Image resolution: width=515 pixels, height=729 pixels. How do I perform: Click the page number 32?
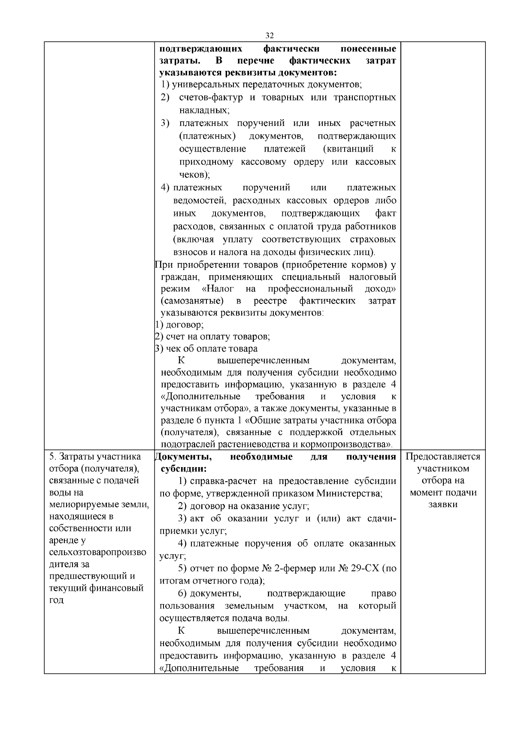click(270, 35)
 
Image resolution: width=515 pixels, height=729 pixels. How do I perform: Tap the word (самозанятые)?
click(192, 301)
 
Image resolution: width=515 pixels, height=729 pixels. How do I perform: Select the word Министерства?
click(354, 493)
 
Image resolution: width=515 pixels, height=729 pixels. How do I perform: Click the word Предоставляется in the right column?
click(443, 456)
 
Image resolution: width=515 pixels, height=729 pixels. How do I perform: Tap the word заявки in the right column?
click(443, 504)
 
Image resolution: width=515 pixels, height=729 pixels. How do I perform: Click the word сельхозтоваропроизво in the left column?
click(97, 552)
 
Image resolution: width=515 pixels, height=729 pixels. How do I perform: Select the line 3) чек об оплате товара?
click(206, 349)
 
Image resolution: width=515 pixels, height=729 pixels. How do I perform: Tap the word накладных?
click(204, 110)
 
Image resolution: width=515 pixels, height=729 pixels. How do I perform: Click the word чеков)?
click(194, 175)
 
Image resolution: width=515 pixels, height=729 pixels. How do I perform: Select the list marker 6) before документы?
click(182, 594)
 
